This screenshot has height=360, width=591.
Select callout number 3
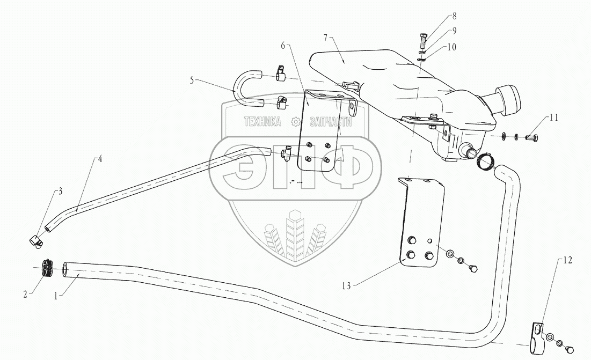[x=61, y=190]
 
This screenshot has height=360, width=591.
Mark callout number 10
[x=451, y=47]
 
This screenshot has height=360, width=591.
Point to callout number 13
[x=347, y=286]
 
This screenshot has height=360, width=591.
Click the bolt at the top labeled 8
[x=422, y=41]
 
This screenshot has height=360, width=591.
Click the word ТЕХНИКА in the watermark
[x=263, y=122]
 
